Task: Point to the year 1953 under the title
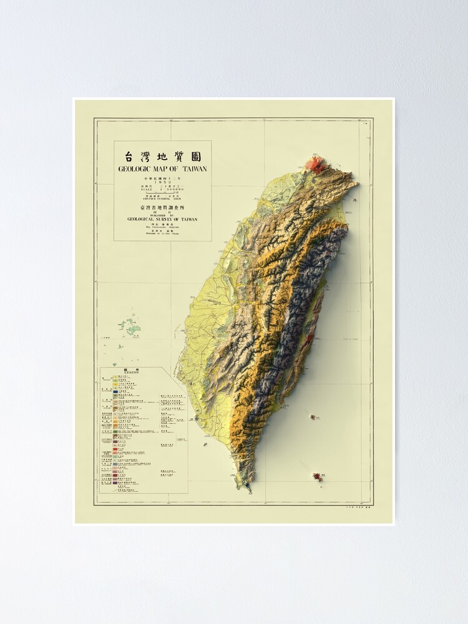tap(162, 182)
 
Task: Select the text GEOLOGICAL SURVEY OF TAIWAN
tap(162, 219)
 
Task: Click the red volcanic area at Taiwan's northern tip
tap(315, 165)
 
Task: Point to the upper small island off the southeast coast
tap(312, 417)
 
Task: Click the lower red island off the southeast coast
tap(318, 477)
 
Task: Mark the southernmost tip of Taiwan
tap(249, 490)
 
